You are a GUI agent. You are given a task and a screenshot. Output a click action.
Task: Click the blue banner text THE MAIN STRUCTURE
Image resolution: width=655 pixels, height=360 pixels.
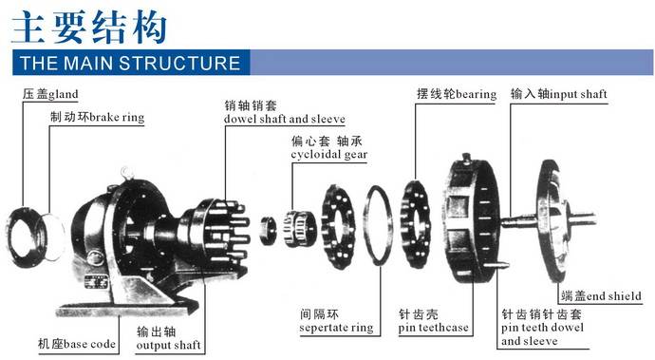click(129, 64)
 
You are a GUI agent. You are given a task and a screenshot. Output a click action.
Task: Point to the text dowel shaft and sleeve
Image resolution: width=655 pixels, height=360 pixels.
click(284, 120)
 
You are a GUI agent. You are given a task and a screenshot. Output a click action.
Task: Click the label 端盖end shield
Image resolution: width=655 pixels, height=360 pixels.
click(598, 296)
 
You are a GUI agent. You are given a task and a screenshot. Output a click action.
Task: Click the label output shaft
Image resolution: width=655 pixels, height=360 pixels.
click(169, 345)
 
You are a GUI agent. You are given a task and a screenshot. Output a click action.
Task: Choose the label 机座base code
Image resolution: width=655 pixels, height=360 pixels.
click(77, 344)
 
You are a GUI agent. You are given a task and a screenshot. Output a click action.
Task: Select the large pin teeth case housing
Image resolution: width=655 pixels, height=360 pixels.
click(474, 219)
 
